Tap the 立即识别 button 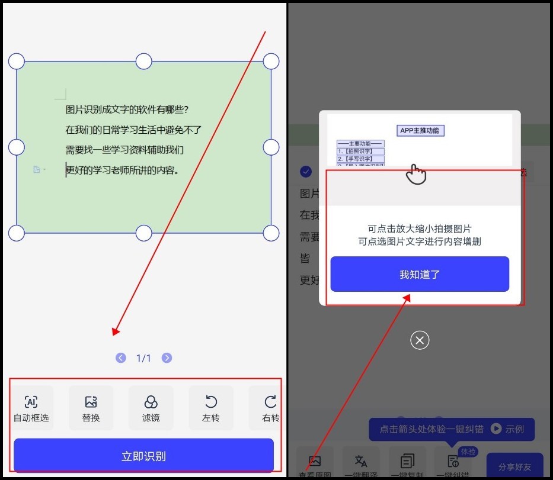tap(143, 456)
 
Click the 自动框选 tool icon tap(31, 402)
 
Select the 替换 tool tap(91, 402)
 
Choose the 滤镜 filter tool tap(151, 402)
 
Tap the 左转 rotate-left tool tap(210, 402)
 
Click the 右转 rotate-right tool tap(270, 402)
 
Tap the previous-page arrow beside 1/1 tap(121, 358)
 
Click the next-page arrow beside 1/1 tap(167, 358)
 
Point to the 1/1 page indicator tap(144, 358)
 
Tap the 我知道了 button tap(420, 274)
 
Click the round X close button tap(420, 340)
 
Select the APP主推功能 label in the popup tap(420, 130)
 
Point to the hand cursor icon tap(417, 174)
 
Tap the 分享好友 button tap(514, 466)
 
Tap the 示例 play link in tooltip tap(508, 429)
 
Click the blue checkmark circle tap(306, 172)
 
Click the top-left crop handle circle tap(17, 61)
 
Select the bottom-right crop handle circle tap(271, 233)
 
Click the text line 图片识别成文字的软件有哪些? tap(127, 110)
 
